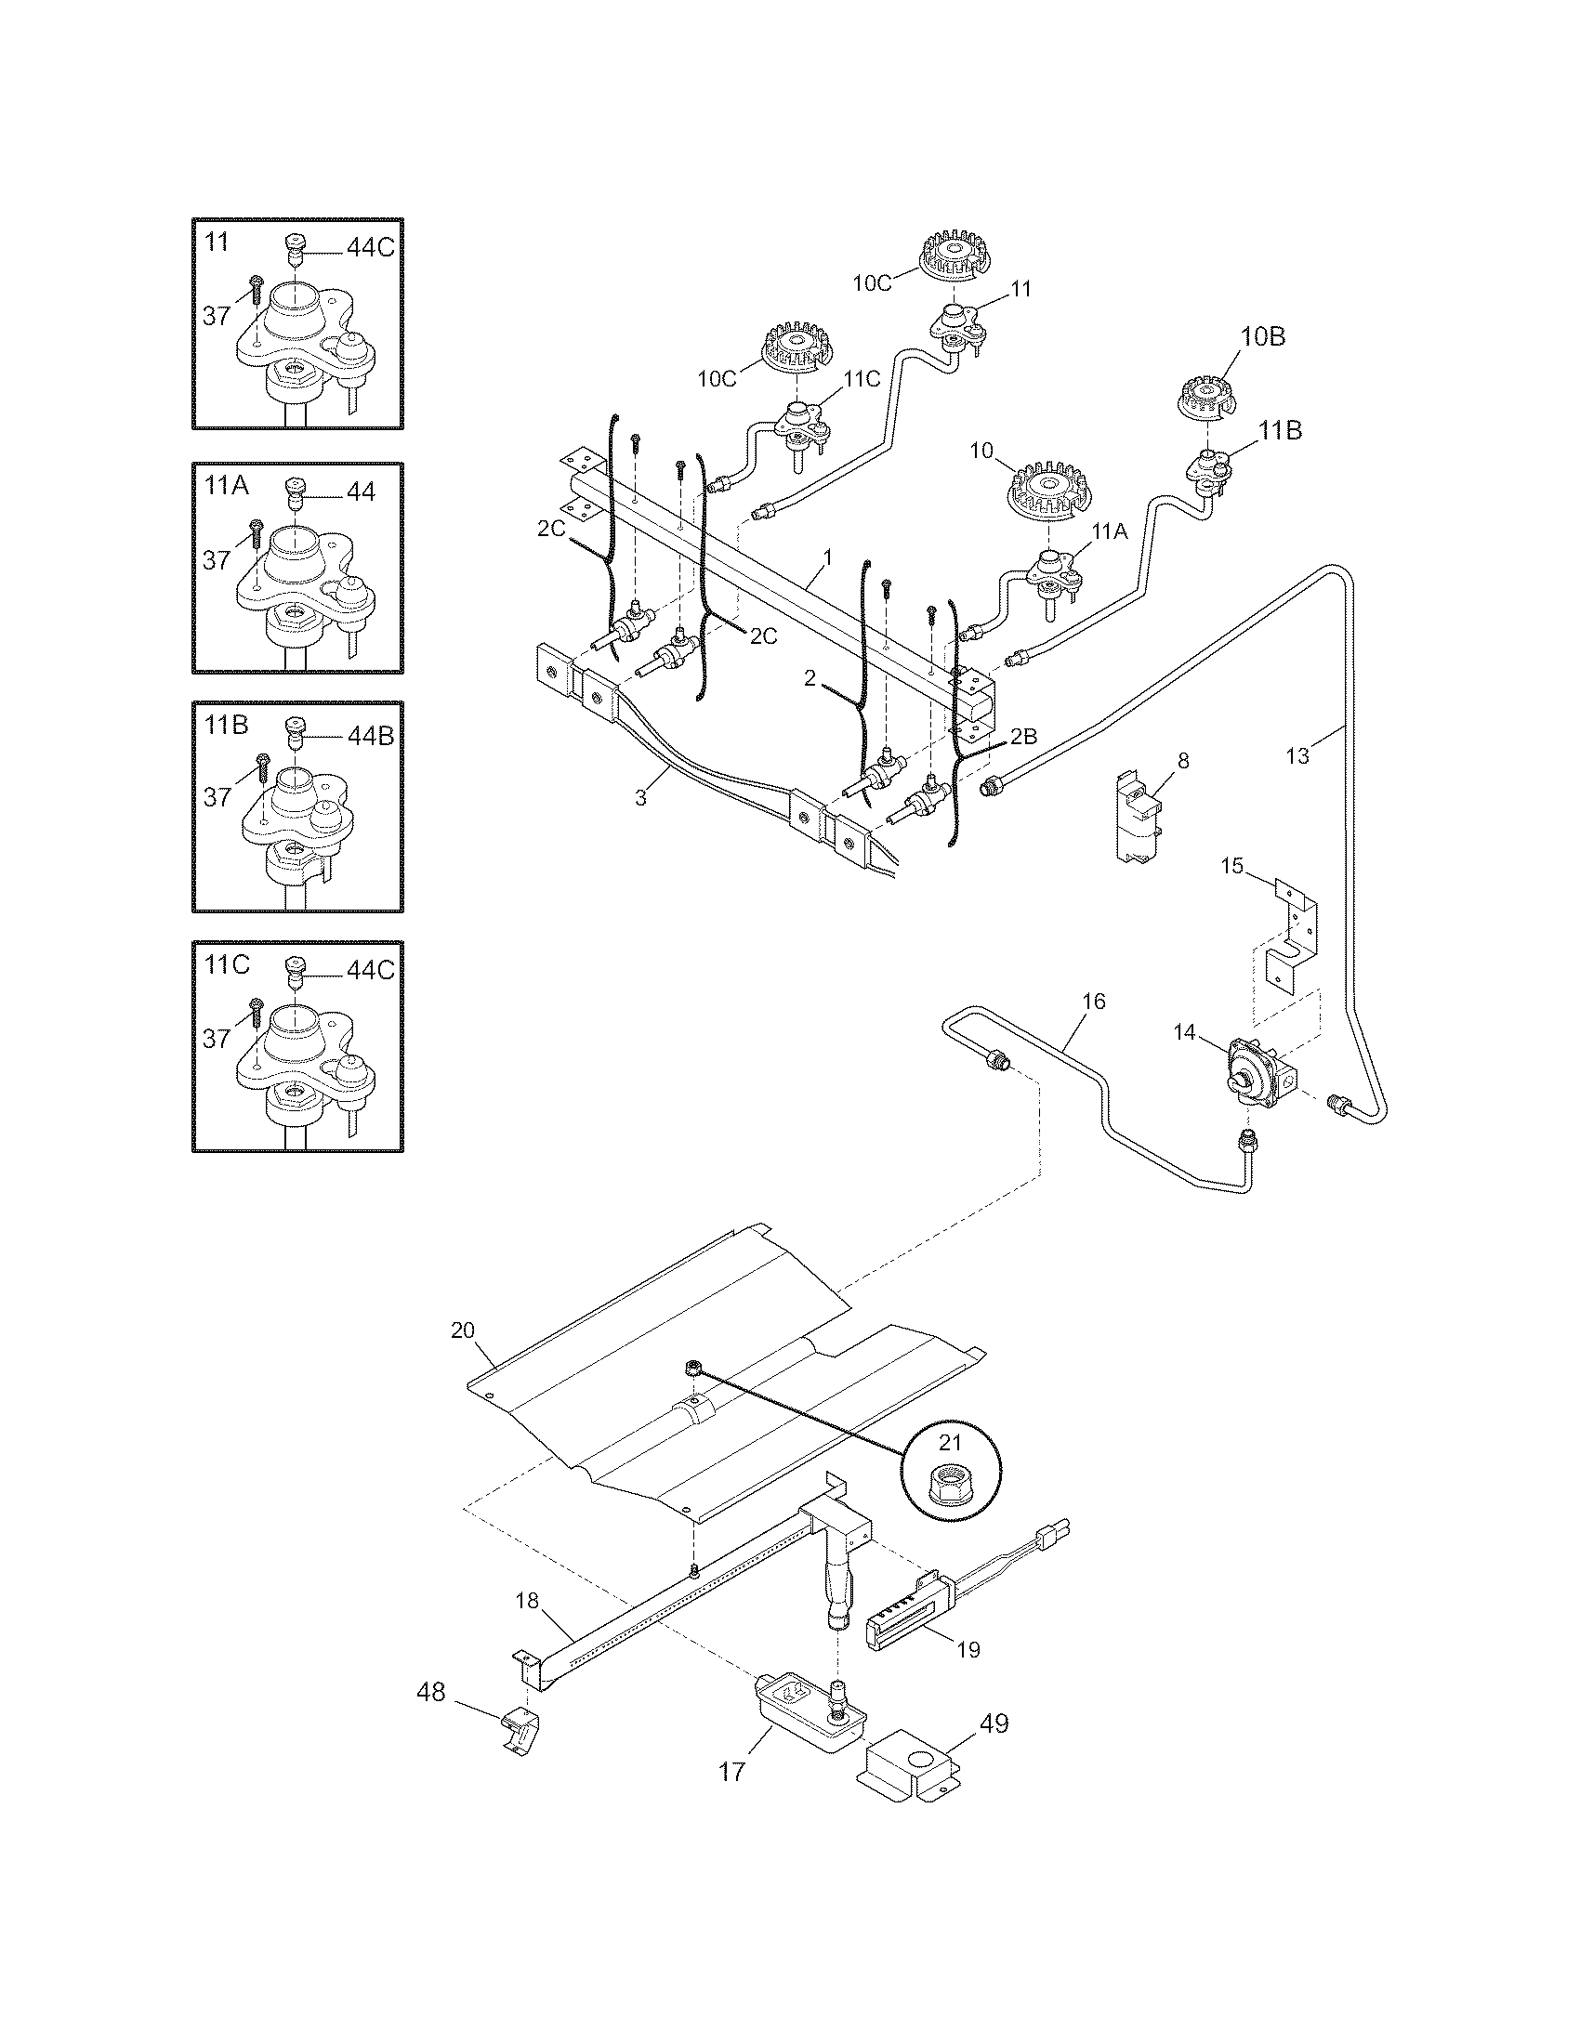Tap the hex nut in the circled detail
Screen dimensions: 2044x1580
[949, 1484]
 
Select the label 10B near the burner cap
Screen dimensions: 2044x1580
[1262, 337]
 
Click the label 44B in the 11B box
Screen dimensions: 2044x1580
[370, 736]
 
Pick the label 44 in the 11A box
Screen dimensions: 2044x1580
[361, 491]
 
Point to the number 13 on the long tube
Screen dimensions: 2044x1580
[1297, 755]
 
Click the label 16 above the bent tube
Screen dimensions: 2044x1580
[1093, 1002]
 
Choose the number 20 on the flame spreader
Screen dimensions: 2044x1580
[464, 1330]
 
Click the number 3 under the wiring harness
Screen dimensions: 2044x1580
[640, 797]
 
